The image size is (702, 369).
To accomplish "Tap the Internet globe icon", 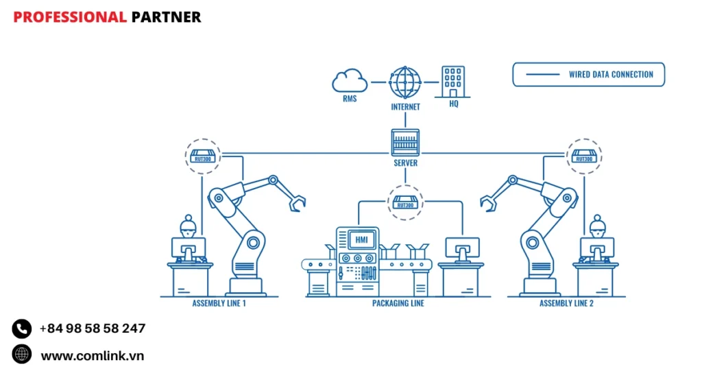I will [x=405, y=82].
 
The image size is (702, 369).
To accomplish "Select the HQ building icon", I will [x=453, y=82].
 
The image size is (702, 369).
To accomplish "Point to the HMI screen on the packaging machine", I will [x=361, y=240].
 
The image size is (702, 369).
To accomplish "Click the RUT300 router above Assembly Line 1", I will [x=203, y=156].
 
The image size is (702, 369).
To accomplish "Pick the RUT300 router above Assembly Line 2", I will [x=583, y=156].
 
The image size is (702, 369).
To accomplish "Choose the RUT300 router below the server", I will [x=405, y=202].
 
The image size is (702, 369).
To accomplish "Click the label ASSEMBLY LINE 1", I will [x=219, y=303].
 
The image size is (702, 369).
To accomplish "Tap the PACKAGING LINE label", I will [x=398, y=303].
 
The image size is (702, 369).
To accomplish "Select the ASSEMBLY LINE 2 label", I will [x=566, y=303].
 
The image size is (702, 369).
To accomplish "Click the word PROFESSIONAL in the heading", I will [x=70, y=17].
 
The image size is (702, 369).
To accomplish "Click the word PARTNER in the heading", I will [x=166, y=17].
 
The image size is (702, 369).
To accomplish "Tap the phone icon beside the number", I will [x=22, y=329].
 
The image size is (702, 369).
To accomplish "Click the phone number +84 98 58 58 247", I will [x=93, y=329].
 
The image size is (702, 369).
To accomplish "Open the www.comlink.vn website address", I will [x=93, y=355].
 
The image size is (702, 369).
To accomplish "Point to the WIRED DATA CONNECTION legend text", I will [x=611, y=75].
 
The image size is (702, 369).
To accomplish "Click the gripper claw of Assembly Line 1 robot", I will [x=296, y=202].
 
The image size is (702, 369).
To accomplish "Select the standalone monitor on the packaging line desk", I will [x=462, y=247].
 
